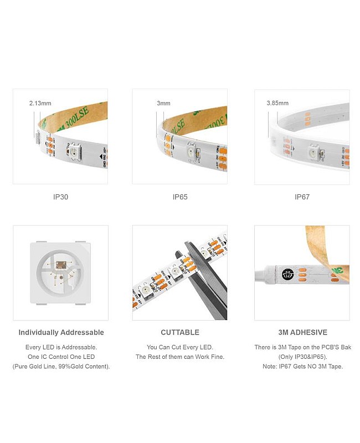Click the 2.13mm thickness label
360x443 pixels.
[40, 103]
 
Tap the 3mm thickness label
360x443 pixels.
[163, 103]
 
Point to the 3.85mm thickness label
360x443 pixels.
[278, 103]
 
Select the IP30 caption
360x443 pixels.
[60, 197]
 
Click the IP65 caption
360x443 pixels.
[180, 197]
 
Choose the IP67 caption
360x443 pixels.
[302, 197]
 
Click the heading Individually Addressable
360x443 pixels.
[61, 332]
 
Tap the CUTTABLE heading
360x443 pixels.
[180, 332]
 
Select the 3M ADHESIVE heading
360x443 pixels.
[302, 332]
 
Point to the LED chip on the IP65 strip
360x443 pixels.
[190, 151]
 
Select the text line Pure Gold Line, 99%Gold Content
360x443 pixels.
[61, 367]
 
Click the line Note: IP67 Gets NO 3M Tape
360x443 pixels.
[302, 367]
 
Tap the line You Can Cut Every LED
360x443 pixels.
[180, 347]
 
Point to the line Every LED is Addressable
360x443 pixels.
[61, 347]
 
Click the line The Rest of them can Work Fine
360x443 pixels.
[180, 357]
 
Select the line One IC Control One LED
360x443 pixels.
[61, 357]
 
